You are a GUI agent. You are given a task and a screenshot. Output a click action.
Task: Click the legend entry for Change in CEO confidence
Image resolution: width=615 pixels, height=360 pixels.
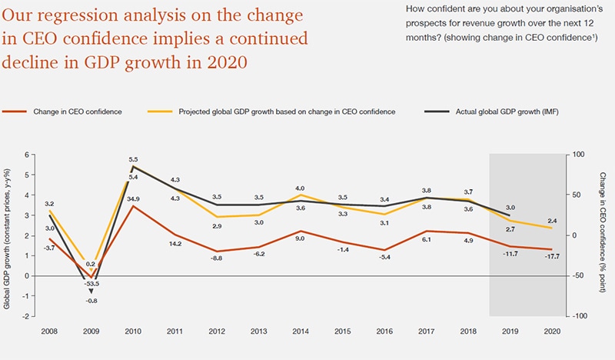pyautogui.click(x=77, y=112)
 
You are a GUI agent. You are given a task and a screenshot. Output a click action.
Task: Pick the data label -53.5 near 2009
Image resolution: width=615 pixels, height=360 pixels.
pyautogui.click(x=92, y=283)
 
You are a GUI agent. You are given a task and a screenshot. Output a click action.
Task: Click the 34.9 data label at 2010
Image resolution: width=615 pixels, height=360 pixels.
pyautogui.click(x=133, y=199)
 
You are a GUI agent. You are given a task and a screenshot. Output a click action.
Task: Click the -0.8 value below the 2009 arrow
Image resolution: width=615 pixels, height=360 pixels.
pyautogui.click(x=92, y=302)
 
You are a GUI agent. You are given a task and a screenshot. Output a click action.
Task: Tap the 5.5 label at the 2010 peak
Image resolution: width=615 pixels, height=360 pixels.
pyautogui.click(x=133, y=160)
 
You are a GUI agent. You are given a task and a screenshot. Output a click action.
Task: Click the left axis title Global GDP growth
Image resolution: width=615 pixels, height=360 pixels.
pyautogui.click(x=9, y=235)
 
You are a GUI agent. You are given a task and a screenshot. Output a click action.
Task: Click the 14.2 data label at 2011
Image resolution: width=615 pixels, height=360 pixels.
pyautogui.click(x=175, y=245)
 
